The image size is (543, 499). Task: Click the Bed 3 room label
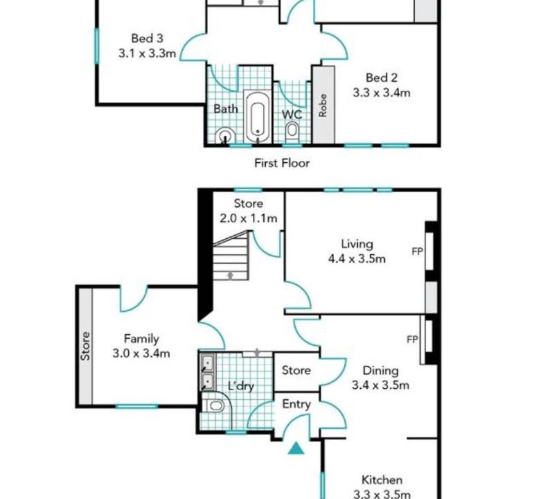point(147,38)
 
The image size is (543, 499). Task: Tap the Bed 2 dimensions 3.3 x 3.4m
point(382,93)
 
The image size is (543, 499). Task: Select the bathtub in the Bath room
point(258,116)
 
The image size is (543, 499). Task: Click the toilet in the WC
point(292,132)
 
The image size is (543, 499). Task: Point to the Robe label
point(323,105)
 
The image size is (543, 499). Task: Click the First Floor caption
point(282,163)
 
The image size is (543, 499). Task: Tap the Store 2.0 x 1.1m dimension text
point(249,218)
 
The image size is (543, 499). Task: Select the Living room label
point(357,244)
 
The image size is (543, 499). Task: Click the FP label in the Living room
point(417,251)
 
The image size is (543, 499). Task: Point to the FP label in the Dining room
point(413,340)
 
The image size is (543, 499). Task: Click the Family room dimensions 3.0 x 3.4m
point(141,353)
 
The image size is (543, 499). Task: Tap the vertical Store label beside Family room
point(86,347)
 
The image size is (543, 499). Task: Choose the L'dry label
point(241,385)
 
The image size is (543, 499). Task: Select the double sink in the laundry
point(208,371)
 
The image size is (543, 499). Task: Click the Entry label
point(296,405)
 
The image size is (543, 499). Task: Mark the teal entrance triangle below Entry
point(296,448)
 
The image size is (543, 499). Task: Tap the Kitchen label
point(382,480)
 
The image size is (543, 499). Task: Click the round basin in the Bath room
point(224,134)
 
